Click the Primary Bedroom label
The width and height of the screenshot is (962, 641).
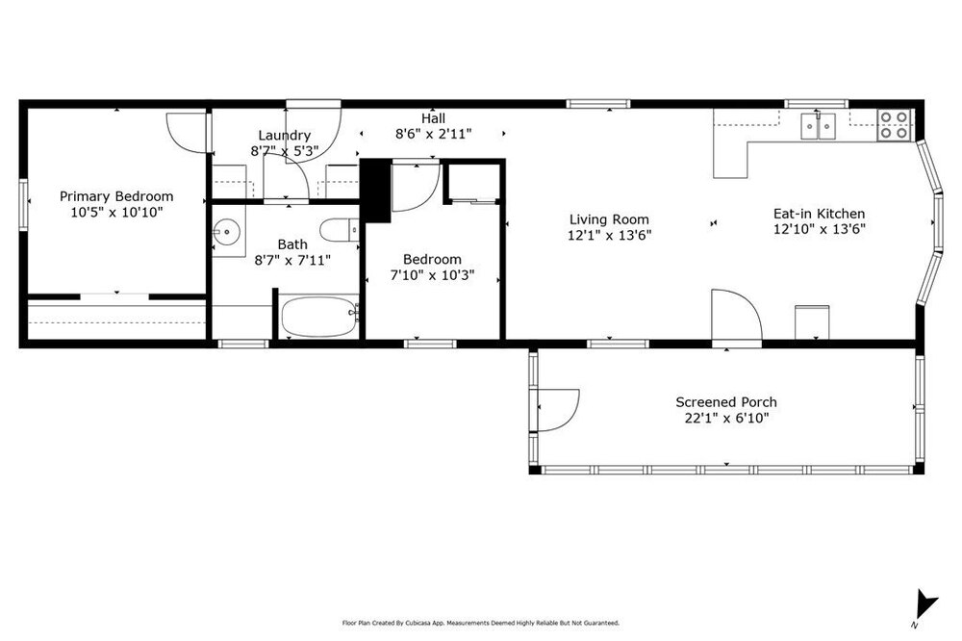pos(116,196)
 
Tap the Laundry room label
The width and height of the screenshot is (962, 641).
pos(284,135)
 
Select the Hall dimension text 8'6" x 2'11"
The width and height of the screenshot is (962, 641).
pos(433,134)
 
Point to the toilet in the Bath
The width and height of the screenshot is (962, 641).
pos(339,230)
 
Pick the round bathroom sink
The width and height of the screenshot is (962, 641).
pos(227,231)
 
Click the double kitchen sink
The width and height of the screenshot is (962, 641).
pos(818,127)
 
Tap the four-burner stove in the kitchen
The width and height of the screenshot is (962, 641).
pos(893,125)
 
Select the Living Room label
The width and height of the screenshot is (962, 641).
pos(609,219)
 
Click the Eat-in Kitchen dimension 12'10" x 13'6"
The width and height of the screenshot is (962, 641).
pos(819,230)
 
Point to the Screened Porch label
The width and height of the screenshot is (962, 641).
pos(726,402)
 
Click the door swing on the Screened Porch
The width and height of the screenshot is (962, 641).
pos(558,410)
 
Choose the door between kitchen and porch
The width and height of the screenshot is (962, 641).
pos(736,315)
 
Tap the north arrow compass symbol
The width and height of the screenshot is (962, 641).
pos(925,605)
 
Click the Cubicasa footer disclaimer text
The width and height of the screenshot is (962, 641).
pos(480,623)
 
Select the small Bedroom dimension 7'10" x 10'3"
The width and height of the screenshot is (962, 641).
pos(433,275)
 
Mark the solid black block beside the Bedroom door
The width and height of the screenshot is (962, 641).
pos(375,191)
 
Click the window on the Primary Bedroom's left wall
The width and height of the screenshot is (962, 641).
pos(23,204)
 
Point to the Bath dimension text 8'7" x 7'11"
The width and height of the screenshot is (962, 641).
pos(292,260)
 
